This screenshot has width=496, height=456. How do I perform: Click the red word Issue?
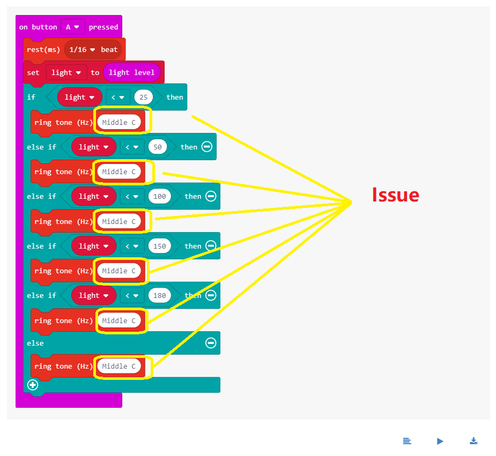coord(395,195)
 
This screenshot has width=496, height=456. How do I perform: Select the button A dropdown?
coord(72,27)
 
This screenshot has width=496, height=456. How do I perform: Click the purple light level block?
coord(131,72)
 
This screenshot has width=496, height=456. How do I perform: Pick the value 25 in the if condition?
coord(144,97)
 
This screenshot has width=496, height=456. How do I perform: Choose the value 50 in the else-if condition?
coord(158,147)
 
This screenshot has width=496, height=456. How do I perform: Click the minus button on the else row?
coord(211,343)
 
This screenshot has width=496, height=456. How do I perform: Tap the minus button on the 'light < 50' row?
coord(207,147)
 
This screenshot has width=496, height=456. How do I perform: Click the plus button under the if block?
coord(33,385)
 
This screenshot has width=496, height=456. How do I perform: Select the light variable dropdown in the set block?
coord(66,72)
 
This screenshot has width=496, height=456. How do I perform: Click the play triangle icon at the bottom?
coord(440,441)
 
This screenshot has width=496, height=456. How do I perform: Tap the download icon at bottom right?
coord(473,441)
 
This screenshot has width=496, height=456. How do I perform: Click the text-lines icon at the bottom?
coord(407,441)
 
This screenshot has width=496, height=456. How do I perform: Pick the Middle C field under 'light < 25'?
coord(119,122)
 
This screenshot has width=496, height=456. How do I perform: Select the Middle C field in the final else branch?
coord(119,367)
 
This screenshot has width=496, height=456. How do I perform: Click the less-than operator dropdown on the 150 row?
coord(132,246)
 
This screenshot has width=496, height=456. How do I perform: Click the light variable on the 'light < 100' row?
coord(93,197)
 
